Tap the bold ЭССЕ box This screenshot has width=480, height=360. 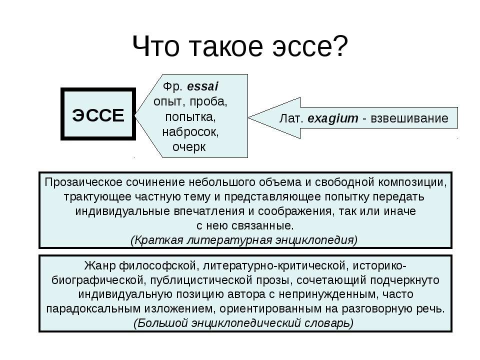[x=98, y=114]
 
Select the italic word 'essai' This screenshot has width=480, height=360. [x=202, y=86]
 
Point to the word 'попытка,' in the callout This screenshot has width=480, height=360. [x=190, y=117]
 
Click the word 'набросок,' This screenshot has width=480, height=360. [x=190, y=132]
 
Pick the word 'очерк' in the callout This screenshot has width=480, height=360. [x=189, y=147]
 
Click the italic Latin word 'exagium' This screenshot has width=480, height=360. [x=333, y=118]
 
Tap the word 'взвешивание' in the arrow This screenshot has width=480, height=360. [x=409, y=118]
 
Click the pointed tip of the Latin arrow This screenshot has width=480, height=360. [x=248, y=117]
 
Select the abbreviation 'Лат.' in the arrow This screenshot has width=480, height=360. [x=291, y=118]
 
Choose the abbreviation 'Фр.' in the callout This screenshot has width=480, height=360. [x=172, y=86]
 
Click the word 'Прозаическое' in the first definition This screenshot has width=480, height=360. [x=84, y=182]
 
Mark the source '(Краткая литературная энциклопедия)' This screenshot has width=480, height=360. [x=244, y=240]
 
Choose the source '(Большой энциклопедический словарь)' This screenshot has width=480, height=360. [x=243, y=323]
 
